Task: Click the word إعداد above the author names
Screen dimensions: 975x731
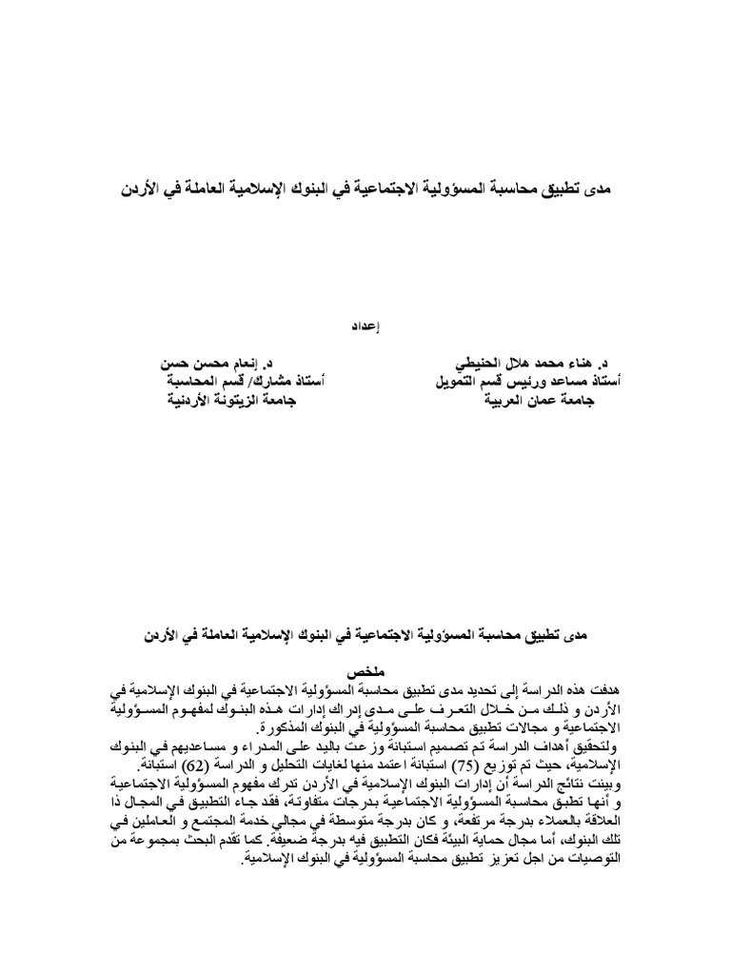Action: click(365, 325)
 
